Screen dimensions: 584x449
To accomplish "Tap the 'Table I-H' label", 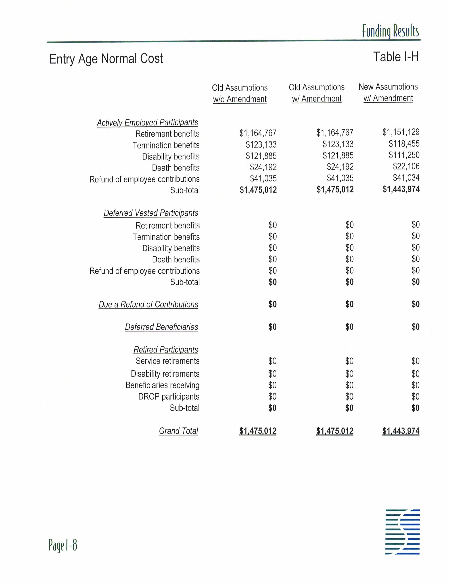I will tap(396, 57).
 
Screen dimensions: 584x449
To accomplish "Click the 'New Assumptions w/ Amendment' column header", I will tap(388, 92).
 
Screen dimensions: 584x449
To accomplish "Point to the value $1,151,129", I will tap(401, 132).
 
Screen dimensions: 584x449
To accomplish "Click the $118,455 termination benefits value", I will tap(404, 144).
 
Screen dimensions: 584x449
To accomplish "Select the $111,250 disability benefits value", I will tap(404, 155).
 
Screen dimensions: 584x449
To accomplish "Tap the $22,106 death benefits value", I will tap(406, 166).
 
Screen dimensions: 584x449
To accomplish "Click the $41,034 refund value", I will tap(406, 177).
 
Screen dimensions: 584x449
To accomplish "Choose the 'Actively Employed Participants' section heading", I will tap(147, 122).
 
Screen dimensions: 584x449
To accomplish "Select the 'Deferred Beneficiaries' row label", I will tap(161, 327).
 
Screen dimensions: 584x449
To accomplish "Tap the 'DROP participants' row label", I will tap(169, 397).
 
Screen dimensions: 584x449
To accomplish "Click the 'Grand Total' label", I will tap(178, 431).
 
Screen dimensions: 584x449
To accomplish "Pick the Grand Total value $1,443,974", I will tap(401, 431).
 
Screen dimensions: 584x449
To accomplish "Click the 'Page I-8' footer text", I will tap(63, 545).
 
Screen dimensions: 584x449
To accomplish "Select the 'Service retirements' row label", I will tap(168, 361).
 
